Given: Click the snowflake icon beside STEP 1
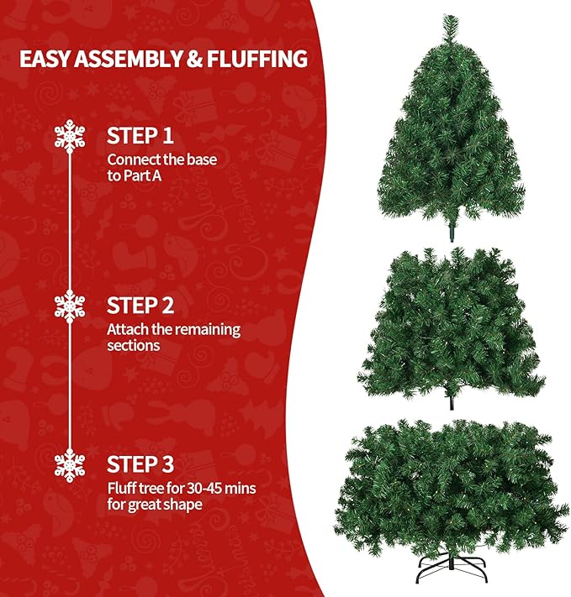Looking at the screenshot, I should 70,137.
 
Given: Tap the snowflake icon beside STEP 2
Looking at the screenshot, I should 70,305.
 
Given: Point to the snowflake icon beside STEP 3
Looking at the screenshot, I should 70,465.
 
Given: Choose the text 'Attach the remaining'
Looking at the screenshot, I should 173,328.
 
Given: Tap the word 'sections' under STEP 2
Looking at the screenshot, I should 133,345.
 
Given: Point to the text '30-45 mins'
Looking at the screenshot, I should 222,488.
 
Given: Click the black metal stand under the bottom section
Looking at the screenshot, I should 452,579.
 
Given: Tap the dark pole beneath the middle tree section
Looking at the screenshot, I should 452,401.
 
